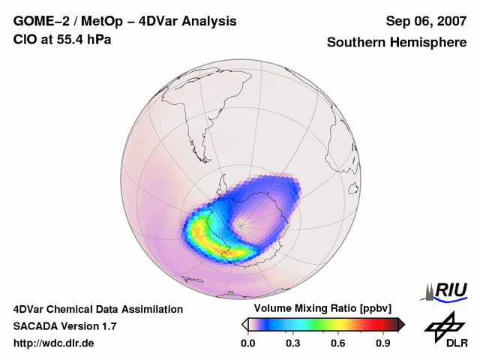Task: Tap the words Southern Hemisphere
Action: (397, 43)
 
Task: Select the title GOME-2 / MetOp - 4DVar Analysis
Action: (125, 21)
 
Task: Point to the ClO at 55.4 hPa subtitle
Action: (62, 40)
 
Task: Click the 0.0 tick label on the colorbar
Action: (247, 343)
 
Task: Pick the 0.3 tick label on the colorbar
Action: (293, 343)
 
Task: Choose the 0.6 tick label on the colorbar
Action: (338, 343)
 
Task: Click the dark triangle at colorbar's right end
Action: (400, 324)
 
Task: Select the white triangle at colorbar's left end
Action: (244, 324)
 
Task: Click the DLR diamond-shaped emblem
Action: (442, 325)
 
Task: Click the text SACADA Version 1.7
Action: (65, 326)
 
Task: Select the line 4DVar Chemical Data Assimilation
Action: (98, 309)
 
